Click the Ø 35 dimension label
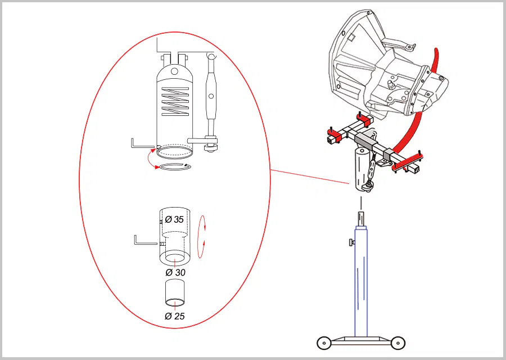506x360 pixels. tap(174, 219)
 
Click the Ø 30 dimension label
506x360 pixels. tap(175, 272)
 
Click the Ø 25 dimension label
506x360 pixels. tap(175, 316)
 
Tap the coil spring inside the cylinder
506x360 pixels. tap(175, 102)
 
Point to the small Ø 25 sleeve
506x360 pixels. tap(175, 293)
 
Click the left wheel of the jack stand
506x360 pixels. tap(324, 343)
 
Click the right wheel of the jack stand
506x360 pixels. tap(398, 343)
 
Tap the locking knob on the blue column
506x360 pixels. tap(351, 242)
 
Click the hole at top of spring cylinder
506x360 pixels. tap(174, 71)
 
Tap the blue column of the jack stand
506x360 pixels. tap(361, 281)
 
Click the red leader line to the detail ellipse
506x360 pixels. tap(310, 177)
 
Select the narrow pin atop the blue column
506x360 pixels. tap(362, 218)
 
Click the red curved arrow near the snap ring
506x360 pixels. tap(151, 159)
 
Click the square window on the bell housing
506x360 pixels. tap(352, 38)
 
